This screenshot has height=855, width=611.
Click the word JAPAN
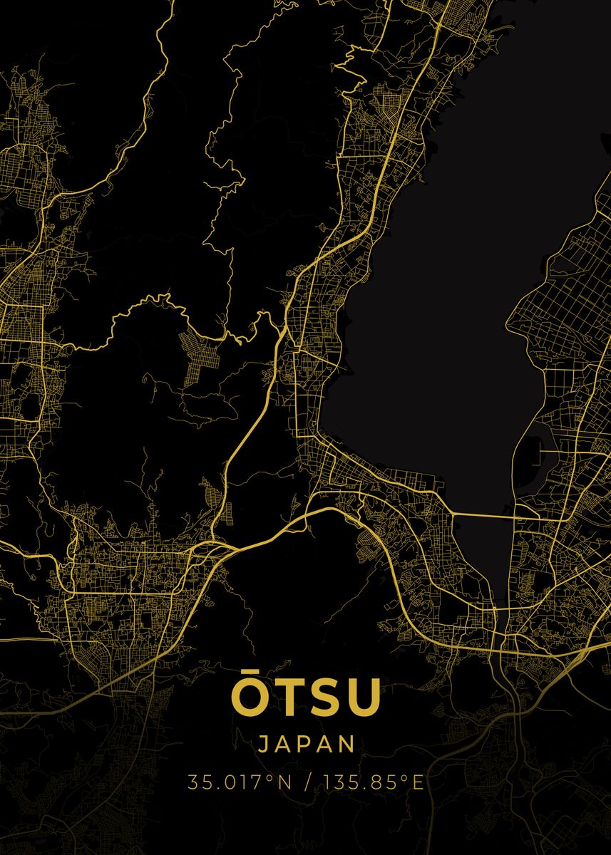pos(306,744)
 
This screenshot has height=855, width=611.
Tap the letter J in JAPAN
pos(263,744)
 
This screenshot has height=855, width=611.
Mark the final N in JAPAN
pos(347,744)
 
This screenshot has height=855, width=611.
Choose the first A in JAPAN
pos(284,744)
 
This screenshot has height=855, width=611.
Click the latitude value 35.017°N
pos(240,783)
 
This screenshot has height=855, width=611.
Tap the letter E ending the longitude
pos(418,783)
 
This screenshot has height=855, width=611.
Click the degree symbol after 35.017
pos(270,778)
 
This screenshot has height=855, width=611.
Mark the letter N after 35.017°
pos(284,783)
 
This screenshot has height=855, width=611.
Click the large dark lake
pos(428,285)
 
